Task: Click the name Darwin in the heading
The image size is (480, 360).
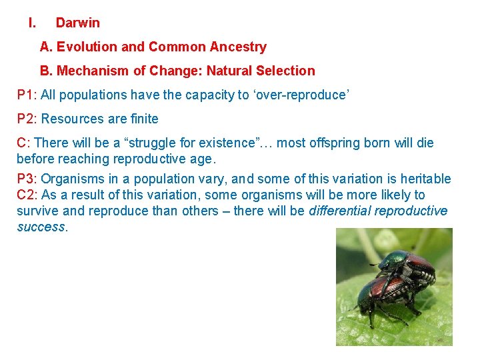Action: pos(77,23)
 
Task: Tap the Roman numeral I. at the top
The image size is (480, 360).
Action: pos(32,23)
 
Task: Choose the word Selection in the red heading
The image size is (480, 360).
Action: pos(288,71)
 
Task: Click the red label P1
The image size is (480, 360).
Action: pos(26,95)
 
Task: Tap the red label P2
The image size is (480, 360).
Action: pos(26,119)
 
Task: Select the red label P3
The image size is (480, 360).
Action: pos(26,179)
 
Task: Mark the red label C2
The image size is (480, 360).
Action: pos(26,195)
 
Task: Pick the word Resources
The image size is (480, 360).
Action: pos(70,119)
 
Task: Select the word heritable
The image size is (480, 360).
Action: pos(426,179)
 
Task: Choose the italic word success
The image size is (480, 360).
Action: pos(41,227)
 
